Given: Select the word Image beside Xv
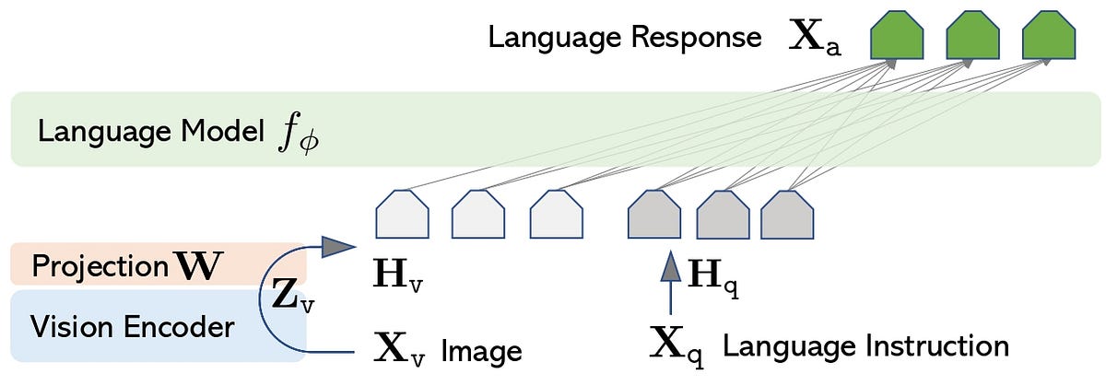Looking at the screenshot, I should point(482,351).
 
